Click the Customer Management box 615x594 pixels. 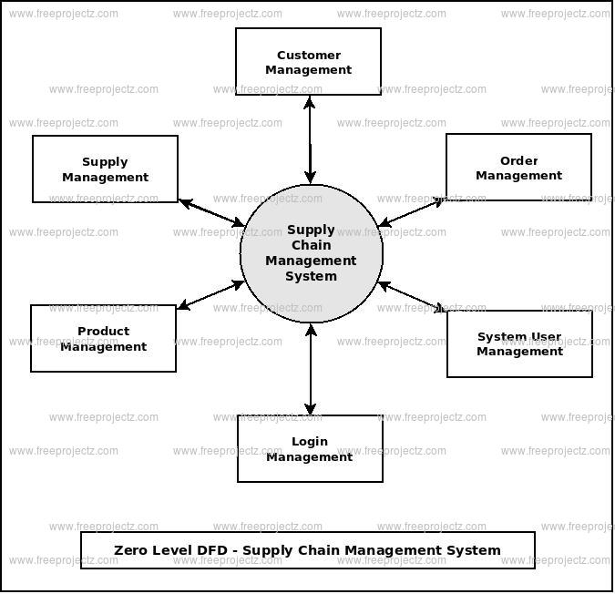pos(308,61)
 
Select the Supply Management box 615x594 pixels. pos(105,169)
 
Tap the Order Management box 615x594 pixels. pos(518,167)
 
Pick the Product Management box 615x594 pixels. pos(103,338)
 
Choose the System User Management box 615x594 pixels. pos(519,343)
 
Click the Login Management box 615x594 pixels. pos(310,448)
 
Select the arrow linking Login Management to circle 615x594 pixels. pos(311,369)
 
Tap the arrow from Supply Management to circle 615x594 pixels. pos(211,212)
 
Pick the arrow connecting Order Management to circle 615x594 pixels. pos(412,211)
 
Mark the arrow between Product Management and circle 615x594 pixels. pos(210,295)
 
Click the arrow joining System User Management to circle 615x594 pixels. pos(412,297)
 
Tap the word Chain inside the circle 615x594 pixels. pos(311,245)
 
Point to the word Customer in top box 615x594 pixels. pos(309,56)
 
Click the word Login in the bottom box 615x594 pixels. pos(310,442)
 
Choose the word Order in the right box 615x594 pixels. pos(519,161)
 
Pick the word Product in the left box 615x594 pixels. pos(103,332)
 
